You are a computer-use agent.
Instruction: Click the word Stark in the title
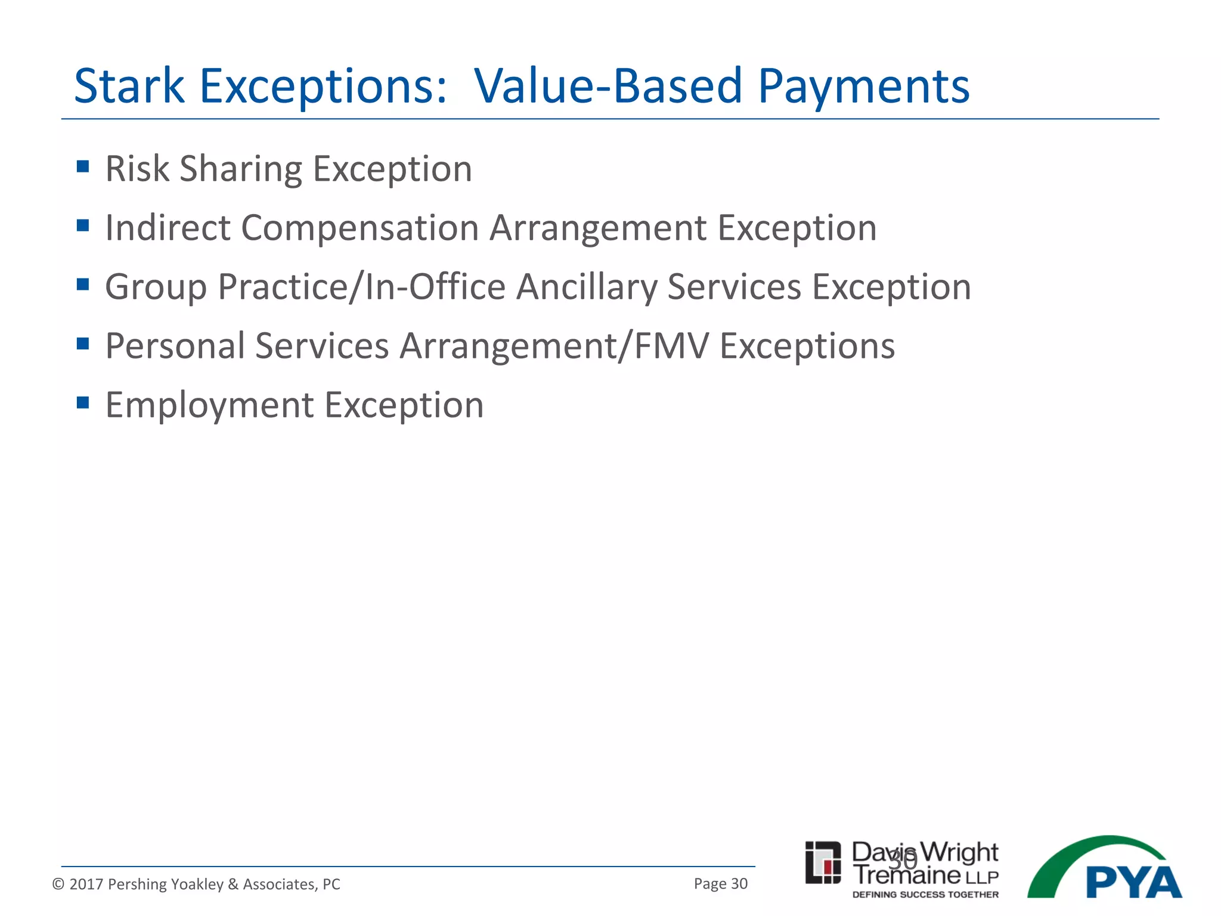coord(129,86)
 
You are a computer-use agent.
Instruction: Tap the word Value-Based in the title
coord(608,86)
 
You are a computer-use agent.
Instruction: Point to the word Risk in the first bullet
coord(137,169)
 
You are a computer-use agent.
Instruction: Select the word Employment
coord(209,406)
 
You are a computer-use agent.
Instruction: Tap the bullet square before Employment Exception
coord(83,403)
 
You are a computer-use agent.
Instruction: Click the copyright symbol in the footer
coord(58,884)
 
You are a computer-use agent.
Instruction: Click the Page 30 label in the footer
coord(720,884)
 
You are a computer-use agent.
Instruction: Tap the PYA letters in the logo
coord(1133,883)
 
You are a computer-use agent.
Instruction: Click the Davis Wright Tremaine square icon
coord(823,862)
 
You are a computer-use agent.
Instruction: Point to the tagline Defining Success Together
coord(925,895)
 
